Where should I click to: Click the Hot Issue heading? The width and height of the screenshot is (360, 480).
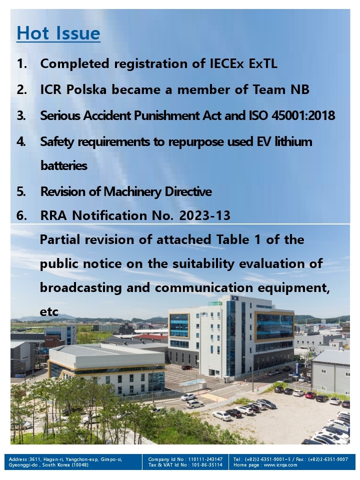pyautogui.click(x=58, y=33)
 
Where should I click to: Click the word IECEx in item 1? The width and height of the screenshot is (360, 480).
pyautogui.click(x=227, y=63)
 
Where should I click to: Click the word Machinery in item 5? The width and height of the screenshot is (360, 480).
pyautogui.click(x=132, y=191)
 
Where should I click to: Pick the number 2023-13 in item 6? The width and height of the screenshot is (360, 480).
pyautogui.click(x=204, y=215)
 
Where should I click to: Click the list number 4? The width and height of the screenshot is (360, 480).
pyautogui.click(x=21, y=141)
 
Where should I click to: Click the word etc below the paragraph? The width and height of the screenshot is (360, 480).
pyautogui.click(x=49, y=312)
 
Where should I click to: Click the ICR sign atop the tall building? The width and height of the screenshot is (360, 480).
pyautogui.click(x=235, y=298)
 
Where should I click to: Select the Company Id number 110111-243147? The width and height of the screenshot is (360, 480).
pyautogui.click(x=205, y=459)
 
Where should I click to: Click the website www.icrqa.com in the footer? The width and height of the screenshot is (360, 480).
pyautogui.click(x=280, y=464)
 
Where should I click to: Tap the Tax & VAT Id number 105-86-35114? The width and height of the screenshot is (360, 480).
pyautogui.click(x=207, y=464)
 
